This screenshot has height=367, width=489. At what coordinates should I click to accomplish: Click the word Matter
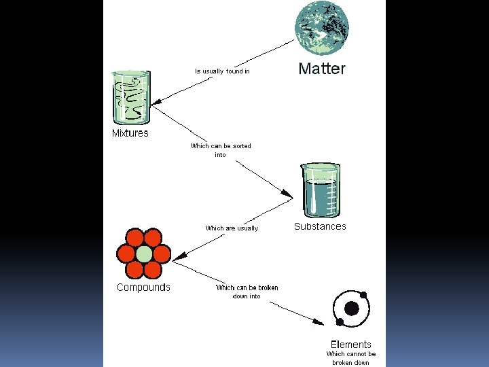point(322,69)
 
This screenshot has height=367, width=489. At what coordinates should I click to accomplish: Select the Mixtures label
point(130,133)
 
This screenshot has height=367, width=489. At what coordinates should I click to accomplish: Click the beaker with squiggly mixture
point(131,98)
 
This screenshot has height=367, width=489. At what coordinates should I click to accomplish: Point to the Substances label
point(320,226)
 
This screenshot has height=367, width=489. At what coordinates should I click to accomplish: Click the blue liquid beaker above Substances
point(319,190)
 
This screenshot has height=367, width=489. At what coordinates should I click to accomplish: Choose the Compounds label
point(143,287)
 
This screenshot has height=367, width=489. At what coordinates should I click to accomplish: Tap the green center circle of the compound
point(144,254)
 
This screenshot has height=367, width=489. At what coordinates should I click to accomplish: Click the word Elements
point(350,344)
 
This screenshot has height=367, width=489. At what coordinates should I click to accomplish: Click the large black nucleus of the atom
point(351,309)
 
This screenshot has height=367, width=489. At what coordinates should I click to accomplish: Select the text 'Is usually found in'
point(222,71)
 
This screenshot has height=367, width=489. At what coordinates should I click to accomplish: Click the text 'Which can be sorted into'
point(220,150)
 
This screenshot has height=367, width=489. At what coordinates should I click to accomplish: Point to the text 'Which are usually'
point(232,228)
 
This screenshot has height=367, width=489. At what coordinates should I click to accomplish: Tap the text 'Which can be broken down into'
point(247,292)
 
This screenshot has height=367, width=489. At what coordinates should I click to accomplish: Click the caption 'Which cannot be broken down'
point(350,358)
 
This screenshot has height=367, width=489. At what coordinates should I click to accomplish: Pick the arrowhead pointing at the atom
point(320,321)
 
